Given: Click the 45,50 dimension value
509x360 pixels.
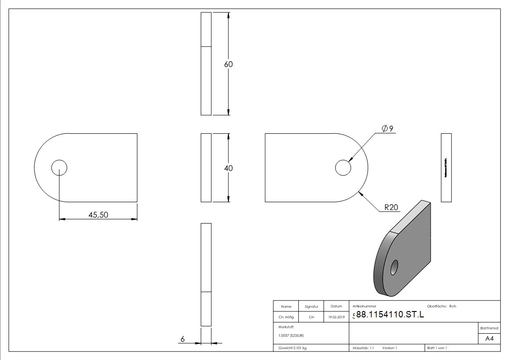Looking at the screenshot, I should click(98, 215).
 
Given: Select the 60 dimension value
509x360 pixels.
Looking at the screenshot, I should click(228, 64).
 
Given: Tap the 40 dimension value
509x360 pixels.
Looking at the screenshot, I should click(228, 168).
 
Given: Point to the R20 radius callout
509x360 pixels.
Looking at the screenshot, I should click(391, 208).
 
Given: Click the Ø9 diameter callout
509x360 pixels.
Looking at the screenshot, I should click(387, 129).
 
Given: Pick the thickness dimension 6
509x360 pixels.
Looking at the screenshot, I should click(183, 339).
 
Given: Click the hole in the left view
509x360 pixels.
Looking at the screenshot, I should click(59, 168).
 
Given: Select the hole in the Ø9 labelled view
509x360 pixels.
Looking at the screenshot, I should click(343, 168).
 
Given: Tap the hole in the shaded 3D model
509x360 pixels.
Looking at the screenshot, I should click(394, 267).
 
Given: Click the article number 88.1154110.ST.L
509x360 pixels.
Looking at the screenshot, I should click(390, 315).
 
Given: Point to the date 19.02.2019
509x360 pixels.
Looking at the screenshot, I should click(336, 317).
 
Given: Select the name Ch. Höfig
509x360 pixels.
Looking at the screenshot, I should click(286, 317).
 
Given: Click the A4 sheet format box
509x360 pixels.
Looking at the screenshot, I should click(490, 339).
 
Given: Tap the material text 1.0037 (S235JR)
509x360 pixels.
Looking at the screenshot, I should click(291, 335).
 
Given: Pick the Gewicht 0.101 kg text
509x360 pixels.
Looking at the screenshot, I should click(293, 348).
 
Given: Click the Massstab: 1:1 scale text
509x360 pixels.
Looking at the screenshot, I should click(363, 348).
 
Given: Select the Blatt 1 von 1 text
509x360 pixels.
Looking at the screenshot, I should click(437, 348).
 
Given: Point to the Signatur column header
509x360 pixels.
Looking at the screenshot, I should click(311, 306).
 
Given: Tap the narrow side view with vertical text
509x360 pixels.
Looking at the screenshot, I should click(446, 168).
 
